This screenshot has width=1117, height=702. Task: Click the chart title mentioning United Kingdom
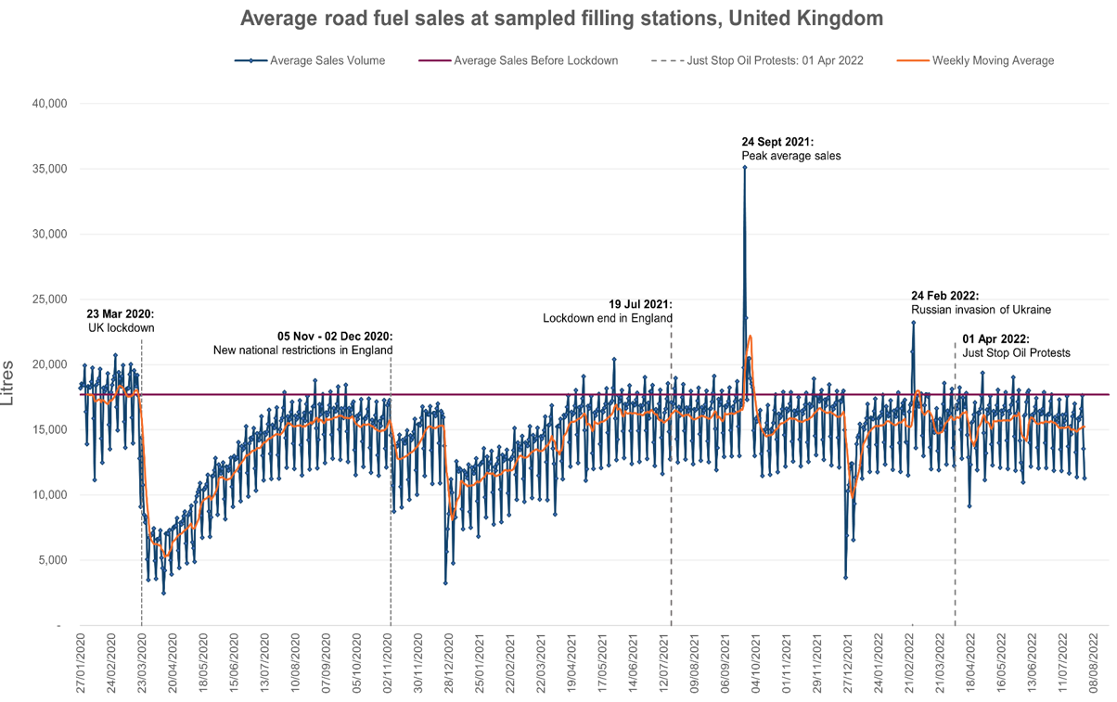(x=561, y=19)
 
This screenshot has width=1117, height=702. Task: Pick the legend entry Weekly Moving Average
(x=992, y=60)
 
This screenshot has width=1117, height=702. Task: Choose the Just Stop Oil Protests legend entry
(x=775, y=60)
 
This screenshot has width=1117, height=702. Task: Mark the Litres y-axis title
(x=8, y=383)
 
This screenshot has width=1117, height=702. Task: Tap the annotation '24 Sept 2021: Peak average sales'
(x=790, y=148)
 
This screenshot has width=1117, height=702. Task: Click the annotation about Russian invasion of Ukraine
(x=980, y=302)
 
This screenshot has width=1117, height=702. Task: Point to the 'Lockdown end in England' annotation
(x=608, y=312)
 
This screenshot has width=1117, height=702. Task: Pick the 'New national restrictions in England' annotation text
(x=303, y=343)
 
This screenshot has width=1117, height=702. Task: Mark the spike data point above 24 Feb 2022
(x=914, y=323)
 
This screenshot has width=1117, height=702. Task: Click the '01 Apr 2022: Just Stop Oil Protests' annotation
(x=1016, y=346)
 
